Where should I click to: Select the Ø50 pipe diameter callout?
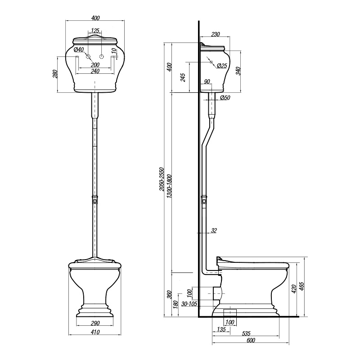(225, 98)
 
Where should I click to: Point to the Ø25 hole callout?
(222, 66)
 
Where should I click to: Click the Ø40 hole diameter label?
(79, 49)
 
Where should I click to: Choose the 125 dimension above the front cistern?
(95, 31)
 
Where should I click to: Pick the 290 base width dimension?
(95, 323)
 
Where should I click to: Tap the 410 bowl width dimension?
(95, 332)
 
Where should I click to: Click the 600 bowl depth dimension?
(251, 340)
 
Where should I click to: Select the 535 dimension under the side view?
(246, 333)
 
